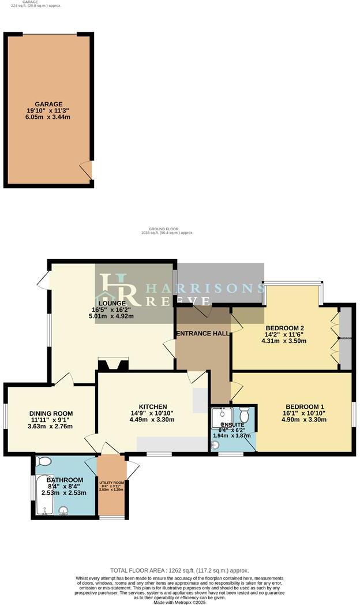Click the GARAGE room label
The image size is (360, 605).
[48, 104]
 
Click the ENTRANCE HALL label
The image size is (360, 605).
[202, 333]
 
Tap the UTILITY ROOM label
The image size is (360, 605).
[111, 483]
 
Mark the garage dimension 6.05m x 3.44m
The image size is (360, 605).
[48, 117]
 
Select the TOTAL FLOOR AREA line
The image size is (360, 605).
[179, 569]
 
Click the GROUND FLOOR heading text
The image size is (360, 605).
[166, 229]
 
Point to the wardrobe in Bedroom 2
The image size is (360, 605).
[345, 338]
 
